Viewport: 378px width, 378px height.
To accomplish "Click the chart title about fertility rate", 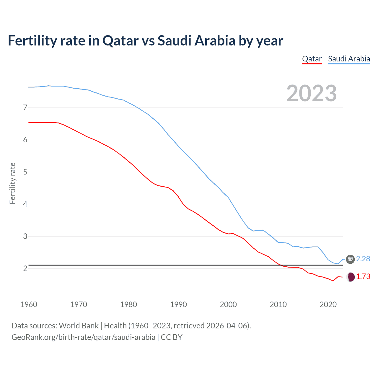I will pos(145,41).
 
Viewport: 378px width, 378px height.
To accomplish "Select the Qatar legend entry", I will pos(312,59).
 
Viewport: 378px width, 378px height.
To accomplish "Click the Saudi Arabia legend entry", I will pos(349,59).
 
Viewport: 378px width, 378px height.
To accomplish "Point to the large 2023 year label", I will pos(311,93).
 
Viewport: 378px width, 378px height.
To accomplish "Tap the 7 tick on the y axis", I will pos(25,107).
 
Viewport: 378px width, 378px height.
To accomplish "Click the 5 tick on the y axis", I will pos(25,172).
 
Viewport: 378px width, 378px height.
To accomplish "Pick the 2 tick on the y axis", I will pos(25,268).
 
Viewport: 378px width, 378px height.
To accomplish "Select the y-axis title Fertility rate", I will pos(12,183).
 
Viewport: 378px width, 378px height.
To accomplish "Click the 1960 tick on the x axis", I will pos(29,304).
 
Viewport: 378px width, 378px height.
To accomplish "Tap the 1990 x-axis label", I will pos(178,304).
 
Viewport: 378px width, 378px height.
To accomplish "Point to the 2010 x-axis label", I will pos(278,304).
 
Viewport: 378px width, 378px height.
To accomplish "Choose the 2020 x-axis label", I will pos(328,304).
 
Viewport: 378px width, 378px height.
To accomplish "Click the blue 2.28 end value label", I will pos(363,259).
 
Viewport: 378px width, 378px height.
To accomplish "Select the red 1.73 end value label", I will pos(363,277).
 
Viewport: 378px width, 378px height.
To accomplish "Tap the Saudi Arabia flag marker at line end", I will pos(350,259).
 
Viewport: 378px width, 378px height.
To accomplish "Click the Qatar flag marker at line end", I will pos(350,277).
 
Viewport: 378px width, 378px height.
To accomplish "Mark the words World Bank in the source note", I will pos(79,326).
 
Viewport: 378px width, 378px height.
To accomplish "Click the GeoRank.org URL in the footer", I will pos(83,337).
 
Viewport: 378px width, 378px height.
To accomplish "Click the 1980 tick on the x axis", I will pos(128,304).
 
